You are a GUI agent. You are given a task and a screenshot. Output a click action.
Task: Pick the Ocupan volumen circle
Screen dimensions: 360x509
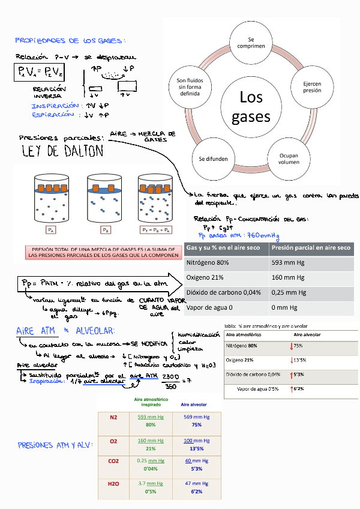[289, 158]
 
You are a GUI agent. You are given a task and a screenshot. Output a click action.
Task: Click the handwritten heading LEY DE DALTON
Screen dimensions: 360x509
[62, 151]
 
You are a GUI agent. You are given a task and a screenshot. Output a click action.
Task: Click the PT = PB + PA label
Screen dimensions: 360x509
[155, 229]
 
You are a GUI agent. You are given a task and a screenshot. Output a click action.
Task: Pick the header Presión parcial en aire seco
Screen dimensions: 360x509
[311, 247]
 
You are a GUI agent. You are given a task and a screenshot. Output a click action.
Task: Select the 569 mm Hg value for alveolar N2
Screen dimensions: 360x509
[196, 417]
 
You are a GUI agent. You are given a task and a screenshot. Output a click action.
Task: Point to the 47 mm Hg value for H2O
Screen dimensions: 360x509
[196, 483]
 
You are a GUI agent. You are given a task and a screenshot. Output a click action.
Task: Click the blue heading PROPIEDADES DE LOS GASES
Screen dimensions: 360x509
[69, 40]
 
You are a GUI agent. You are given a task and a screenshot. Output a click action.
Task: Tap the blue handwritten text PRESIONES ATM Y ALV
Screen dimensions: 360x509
[55, 445]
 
